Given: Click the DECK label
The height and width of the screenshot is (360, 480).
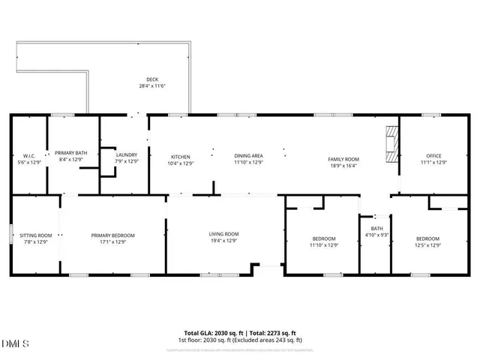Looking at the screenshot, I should pyautogui.click(x=152, y=79).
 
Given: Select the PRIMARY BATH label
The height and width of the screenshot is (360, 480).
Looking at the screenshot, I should pyautogui.click(x=71, y=153).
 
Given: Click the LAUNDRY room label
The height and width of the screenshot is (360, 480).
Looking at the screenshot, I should pyautogui.click(x=127, y=154).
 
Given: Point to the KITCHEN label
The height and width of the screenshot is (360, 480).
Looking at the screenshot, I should pyautogui.click(x=181, y=155).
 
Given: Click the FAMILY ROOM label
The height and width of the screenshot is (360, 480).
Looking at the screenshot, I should pyautogui.click(x=343, y=159).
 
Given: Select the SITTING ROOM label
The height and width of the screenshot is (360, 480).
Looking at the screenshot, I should pyautogui.click(x=35, y=235).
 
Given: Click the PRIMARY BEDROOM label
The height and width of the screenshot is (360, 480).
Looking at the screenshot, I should pyautogui.click(x=113, y=235).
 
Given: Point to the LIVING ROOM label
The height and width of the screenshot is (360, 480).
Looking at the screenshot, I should pyautogui.click(x=223, y=234).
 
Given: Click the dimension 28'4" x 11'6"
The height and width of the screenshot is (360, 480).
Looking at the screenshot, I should pyautogui.click(x=152, y=86).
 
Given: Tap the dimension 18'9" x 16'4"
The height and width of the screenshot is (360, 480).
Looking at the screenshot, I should pyautogui.click(x=343, y=166).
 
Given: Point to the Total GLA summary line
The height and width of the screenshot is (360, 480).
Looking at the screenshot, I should pyautogui.click(x=240, y=332).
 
